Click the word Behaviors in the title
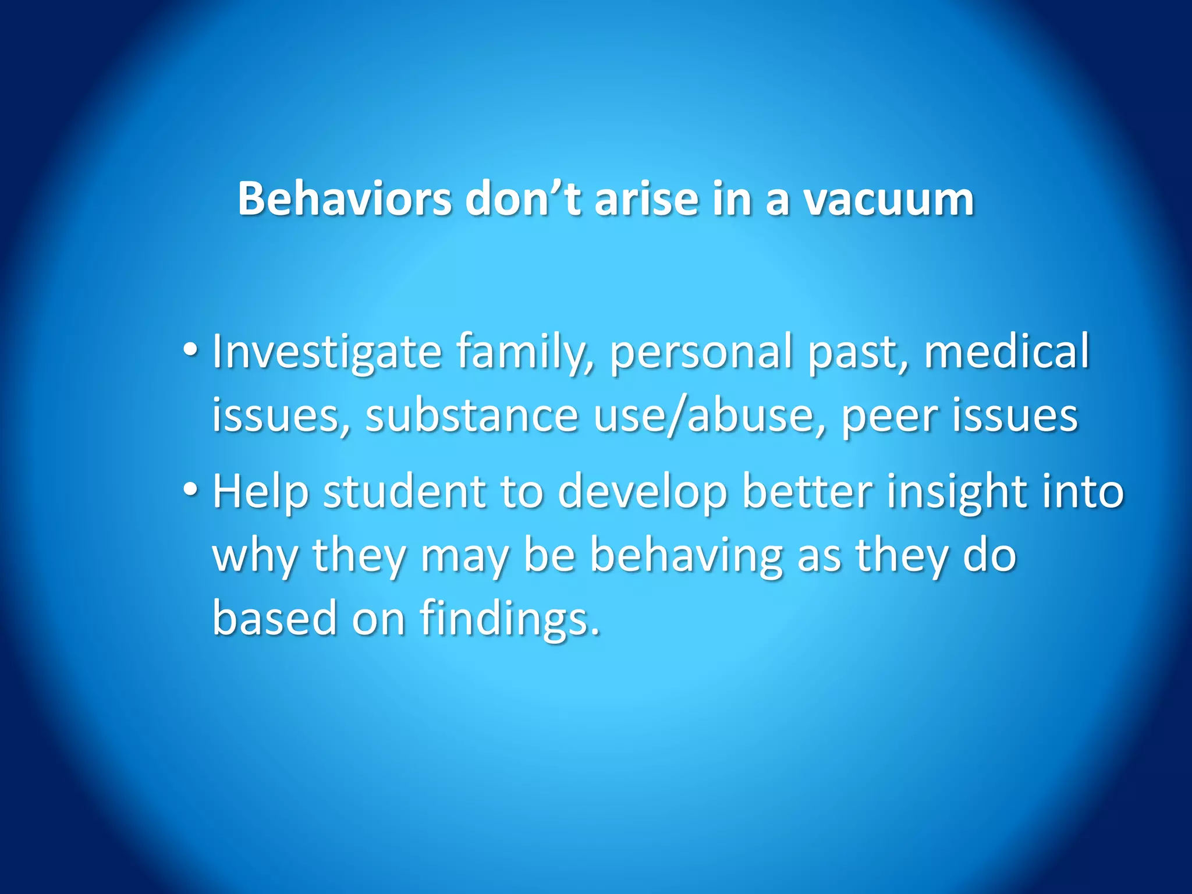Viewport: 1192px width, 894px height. tap(344, 198)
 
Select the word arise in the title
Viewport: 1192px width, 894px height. tap(645, 198)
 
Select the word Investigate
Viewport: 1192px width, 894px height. tap(327, 352)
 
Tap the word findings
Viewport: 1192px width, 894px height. tap(510, 619)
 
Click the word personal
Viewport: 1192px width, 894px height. tap(701, 353)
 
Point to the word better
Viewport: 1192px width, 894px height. tap(807, 491)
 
